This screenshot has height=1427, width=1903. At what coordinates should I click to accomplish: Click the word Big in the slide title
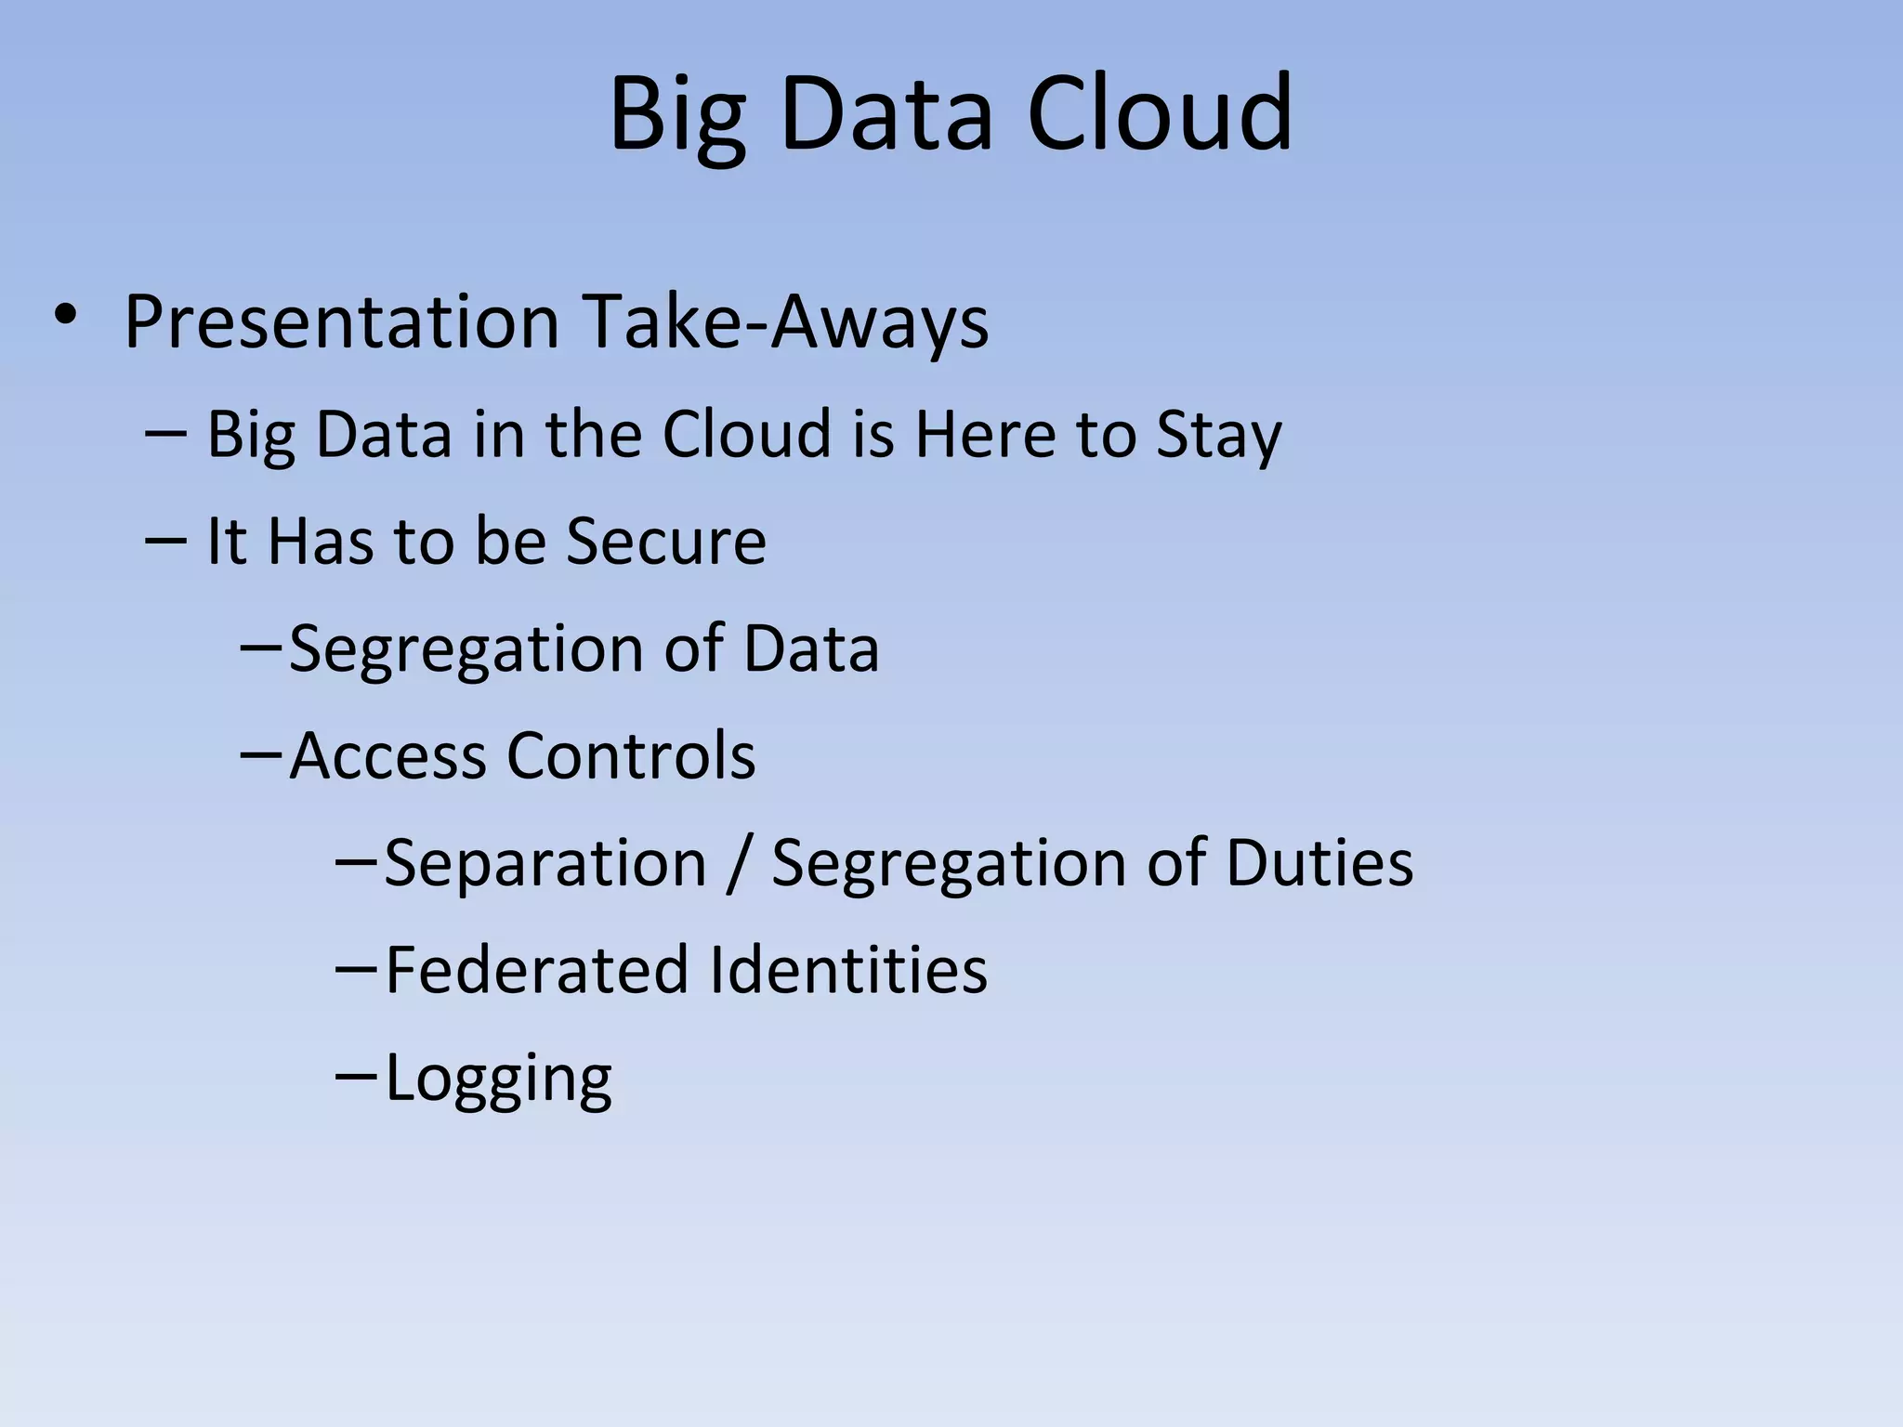click(x=677, y=115)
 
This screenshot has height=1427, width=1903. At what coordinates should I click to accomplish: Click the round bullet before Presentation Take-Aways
click(x=64, y=316)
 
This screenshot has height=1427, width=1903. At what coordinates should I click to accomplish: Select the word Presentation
click(x=341, y=322)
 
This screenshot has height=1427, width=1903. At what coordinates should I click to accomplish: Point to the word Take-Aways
click(x=785, y=322)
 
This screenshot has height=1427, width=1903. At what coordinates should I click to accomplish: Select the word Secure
click(x=666, y=541)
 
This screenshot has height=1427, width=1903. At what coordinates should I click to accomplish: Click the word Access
click(x=387, y=755)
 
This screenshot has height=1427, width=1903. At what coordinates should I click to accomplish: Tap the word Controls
click(x=631, y=755)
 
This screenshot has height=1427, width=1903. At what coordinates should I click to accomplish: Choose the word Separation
click(x=545, y=863)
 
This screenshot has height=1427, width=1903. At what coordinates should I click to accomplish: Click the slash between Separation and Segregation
click(x=740, y=865)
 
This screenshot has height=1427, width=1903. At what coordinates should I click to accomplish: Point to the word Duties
click(x=1319, y=863)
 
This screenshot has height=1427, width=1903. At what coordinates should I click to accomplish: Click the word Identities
click(x=847, y=970)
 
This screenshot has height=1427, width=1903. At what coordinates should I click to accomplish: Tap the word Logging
click(x=498, y=1080)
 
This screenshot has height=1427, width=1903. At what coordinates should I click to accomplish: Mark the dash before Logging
click(x=355, y=1074)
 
